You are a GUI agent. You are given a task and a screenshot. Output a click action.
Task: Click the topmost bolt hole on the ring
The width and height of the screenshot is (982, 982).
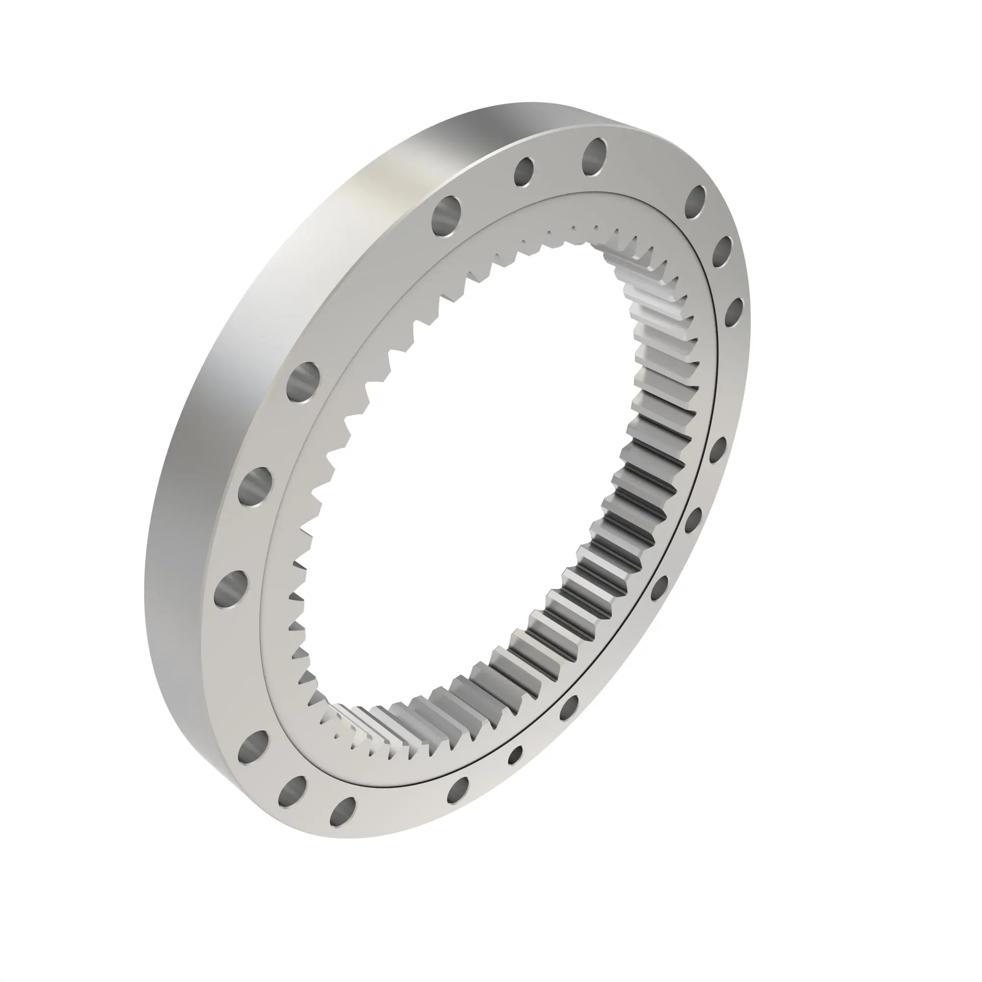[x=595, y=157]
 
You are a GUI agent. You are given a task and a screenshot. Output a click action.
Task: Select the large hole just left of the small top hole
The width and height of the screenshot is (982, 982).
[x=447, y=216]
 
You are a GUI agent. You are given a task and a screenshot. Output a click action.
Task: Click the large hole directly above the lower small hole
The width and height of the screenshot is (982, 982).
[x=570, y=708]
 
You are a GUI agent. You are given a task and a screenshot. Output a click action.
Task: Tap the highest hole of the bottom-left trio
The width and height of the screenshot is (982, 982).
[x=252, y=746]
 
